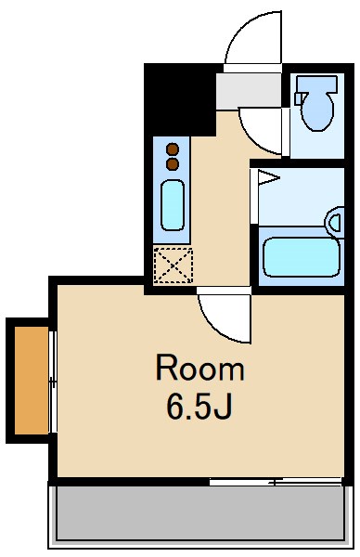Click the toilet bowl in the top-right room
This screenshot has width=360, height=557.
pyautogui.click(x=317, y=112)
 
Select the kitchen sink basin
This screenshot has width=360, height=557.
pyautogui.click(x=173, y=205)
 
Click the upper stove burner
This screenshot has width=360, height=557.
pyautogui.click(x=172, y=149)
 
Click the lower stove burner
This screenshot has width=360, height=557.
pyautogui.click(x=172, y=163)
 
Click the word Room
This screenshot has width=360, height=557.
pyautogui.click(x=199, y=369)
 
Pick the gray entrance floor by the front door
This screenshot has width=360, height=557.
pyautogui.click(x=249, y=90)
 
